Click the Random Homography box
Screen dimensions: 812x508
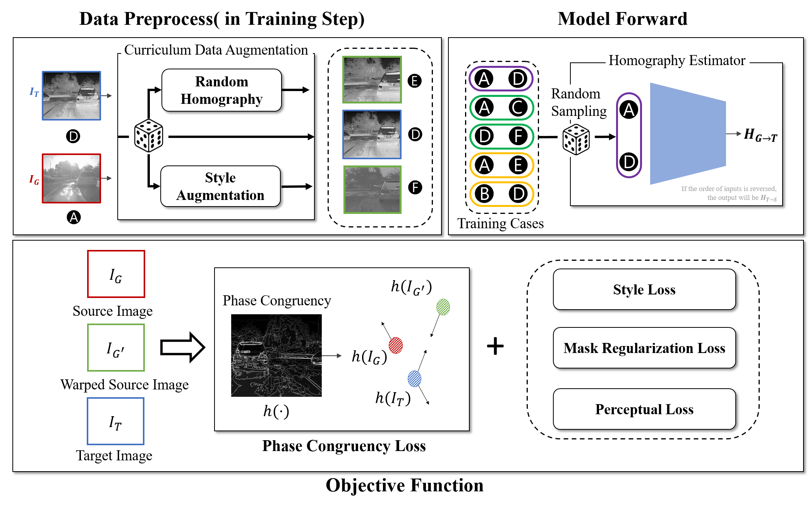tap(221, 90)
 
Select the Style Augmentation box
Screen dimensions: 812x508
tap(220, 186)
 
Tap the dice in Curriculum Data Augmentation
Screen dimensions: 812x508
tap(149, 136)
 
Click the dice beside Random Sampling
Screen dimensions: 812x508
tap(576, 139)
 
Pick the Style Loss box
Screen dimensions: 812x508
tap(644, 289)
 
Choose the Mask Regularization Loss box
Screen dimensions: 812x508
tap(644, 348)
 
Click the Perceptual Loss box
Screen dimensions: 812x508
tap(644, 409)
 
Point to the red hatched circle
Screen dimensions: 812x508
tap(396, 345)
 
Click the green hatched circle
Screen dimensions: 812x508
tap(443, 307)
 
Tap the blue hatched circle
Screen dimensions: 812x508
tap(414, 379)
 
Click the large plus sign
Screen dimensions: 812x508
tap(495, 346)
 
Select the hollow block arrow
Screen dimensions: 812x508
tap(182, 347)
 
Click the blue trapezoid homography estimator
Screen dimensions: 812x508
tap(688, 134)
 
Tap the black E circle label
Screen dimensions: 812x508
tap(415, 81)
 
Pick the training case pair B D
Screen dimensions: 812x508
tap(501, 194)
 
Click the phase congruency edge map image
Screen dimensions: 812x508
tap(276, 355)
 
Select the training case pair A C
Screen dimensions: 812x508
tap(501, 107)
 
